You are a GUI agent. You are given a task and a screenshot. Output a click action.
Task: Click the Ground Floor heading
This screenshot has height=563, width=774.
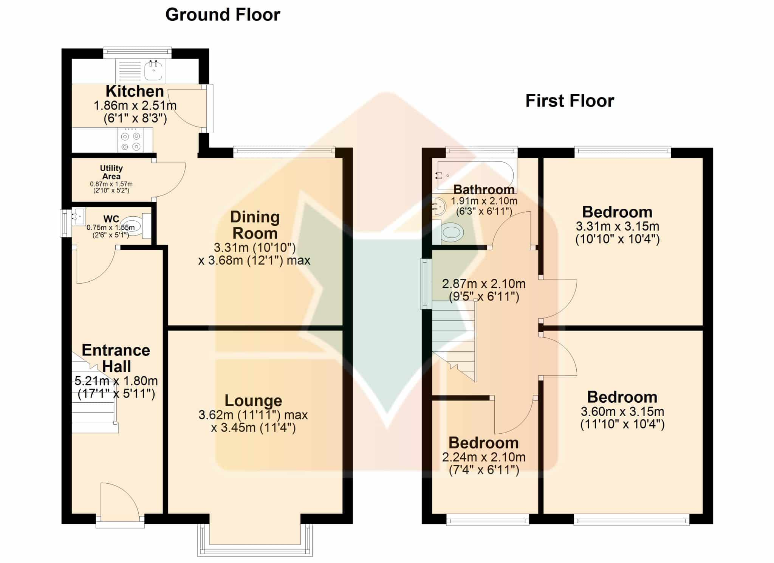tap(223, 15)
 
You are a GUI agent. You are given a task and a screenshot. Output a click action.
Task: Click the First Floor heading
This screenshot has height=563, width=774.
tap(570, 101)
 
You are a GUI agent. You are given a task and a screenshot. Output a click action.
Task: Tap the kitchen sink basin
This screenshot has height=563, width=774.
tap(154, 70)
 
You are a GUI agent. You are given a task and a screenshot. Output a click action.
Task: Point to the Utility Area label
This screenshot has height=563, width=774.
tap(111, 172)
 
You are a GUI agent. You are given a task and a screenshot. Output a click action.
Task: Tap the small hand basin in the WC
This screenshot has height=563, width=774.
tap(78, 216)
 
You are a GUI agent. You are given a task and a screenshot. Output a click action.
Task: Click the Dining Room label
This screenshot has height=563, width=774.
tap(255, 225)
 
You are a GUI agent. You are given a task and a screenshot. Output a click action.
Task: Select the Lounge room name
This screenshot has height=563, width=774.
tap(253, 400)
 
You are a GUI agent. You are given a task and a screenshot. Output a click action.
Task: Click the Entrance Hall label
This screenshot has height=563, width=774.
tap(116, 358)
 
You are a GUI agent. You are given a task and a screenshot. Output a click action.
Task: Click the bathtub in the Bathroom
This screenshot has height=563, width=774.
tap(476, 175)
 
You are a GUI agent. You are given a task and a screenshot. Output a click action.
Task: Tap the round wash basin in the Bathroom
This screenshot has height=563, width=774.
tap(439, 205)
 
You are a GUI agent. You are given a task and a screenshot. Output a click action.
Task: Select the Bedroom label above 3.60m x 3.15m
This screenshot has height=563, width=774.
tap(622, 397)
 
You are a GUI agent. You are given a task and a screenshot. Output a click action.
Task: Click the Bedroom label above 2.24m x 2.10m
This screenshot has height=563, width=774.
tap(484, 443)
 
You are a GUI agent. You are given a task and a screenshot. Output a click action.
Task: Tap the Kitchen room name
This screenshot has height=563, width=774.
tap(135, 91)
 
